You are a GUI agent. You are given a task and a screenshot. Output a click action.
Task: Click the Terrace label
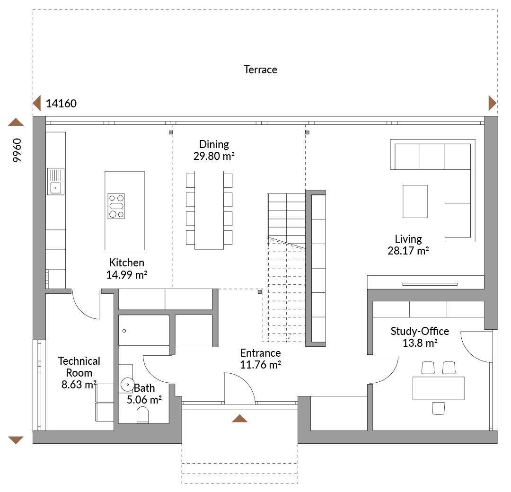(260, 70)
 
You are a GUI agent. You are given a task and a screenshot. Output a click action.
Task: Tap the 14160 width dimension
(62, 104)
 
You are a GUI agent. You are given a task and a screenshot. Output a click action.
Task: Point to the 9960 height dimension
(17, 150)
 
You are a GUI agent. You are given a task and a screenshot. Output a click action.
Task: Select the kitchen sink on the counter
(56, 181)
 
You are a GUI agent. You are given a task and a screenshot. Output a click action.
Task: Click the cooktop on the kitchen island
(116, 206)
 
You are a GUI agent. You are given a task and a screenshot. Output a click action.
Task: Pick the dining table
(209, 210)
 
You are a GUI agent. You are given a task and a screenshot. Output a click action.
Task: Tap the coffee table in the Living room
(415, 202)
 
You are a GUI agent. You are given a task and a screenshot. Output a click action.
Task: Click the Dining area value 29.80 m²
(214, 155)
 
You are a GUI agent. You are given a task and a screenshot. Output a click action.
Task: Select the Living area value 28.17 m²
(408, 251)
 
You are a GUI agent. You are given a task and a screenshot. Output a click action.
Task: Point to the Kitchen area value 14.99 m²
(127, 274)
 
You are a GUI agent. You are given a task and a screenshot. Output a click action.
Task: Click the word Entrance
(260, 353)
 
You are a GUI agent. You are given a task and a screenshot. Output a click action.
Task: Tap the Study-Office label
(420, 331)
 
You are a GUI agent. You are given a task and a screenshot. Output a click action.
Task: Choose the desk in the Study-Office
(438, 388)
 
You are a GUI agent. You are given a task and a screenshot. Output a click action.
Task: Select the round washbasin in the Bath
(127, 385)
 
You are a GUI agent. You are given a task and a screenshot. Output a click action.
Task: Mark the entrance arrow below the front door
(240, 418)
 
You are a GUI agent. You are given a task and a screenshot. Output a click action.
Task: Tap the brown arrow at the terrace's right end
(492, 103)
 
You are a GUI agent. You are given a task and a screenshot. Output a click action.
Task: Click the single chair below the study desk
(439, 408)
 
